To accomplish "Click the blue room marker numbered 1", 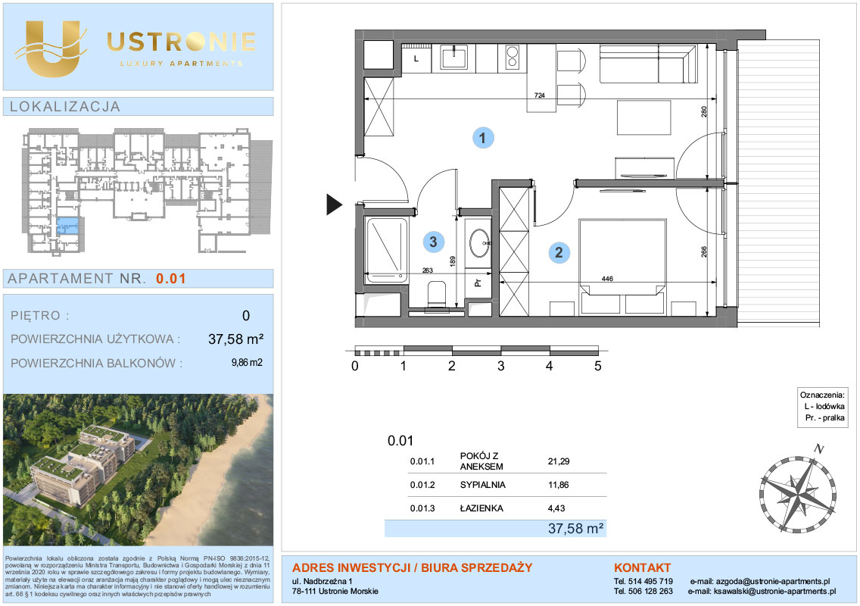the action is click(x=483, y=137).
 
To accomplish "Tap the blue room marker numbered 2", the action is click(x=559, y=252).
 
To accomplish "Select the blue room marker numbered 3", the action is click(x=433, y=242).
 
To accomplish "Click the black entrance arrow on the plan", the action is click(x=334, y=205).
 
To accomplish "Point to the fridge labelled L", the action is click(x=416, y=58).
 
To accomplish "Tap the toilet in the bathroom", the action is click(x=437, y=294).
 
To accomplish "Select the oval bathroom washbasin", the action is click(x=480, y=242).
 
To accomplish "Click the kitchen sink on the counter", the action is click(x=455, y=57).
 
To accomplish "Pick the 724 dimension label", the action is click(x=540, y=95).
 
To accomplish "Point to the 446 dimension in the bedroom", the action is click(x=607, y=279).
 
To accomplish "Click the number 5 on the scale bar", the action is click(x=598, y=366).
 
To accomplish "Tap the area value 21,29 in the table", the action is click(x=559, y=461).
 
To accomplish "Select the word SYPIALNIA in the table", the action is click(x=483, y=485).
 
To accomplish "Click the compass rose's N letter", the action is click(x=819, y=449).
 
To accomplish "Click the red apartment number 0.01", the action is click(x=170, y=279).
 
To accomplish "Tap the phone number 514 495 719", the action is click(x=650, y=581).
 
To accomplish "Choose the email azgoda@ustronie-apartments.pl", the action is click(x=773, y=581).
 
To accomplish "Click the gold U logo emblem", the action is click(x=51, y=48).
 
